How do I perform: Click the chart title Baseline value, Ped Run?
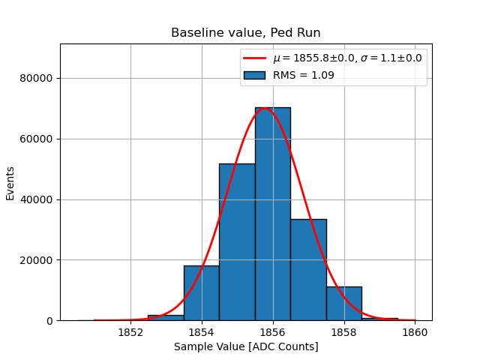246,33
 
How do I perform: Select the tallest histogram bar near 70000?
272,217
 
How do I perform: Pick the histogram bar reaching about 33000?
308,270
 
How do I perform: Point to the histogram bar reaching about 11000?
343,304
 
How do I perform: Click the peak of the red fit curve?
265,109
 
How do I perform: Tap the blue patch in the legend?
254,75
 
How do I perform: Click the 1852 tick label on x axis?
130,331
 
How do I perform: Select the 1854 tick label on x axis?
202,331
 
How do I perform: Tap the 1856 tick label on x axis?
273,331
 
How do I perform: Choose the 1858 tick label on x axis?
344,331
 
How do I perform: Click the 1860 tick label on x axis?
415,331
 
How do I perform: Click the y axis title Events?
10,182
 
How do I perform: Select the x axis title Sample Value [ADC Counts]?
246,346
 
